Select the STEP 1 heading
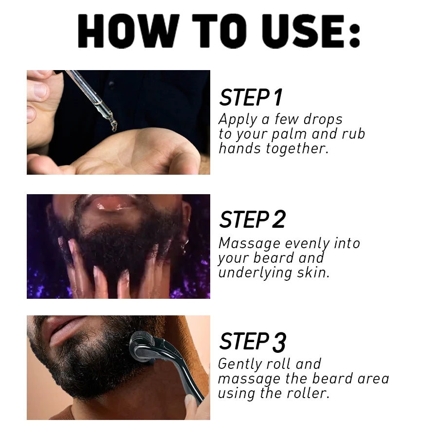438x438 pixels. click(x=251, y=98)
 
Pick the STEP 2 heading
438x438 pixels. click(x=252, y=220)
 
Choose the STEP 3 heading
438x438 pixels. click(x=252, y=342)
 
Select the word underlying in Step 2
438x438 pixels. click(x=255, y=273)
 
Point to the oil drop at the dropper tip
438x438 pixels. click(x=113, y=128)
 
